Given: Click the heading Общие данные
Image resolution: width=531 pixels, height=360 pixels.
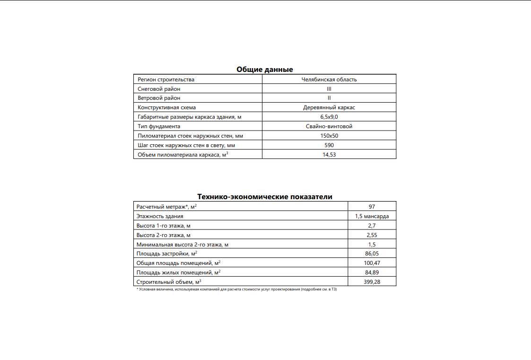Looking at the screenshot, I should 264,70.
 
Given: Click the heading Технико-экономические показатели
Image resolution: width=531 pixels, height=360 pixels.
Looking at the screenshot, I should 264,197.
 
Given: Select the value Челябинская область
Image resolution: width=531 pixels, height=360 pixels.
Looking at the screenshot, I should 329,79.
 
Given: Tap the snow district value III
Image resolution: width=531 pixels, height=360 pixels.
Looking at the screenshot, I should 329,89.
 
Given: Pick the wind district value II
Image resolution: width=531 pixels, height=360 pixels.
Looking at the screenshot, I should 329,98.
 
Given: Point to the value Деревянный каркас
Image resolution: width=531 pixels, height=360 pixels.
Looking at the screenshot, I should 329,107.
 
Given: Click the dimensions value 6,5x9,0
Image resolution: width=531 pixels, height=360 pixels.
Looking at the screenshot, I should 329,117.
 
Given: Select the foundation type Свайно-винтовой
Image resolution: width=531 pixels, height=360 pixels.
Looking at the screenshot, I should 329,126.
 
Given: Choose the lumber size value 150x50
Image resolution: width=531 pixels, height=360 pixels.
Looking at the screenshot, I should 329,136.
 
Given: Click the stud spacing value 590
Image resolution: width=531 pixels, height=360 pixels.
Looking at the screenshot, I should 329,145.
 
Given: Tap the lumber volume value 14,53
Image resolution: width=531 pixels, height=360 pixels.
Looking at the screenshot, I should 329,155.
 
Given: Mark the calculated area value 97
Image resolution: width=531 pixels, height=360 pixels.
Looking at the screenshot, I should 372,207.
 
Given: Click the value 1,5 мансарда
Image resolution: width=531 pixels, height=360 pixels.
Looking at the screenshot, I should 372,216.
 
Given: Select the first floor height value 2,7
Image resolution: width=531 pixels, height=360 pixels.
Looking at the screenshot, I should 372,226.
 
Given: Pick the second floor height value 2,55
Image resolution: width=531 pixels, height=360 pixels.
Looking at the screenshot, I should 372,235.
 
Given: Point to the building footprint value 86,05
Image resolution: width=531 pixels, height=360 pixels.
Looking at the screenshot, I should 372,254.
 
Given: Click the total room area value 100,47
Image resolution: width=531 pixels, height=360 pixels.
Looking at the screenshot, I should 372,263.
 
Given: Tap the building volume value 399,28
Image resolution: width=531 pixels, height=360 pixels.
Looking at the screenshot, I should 372,282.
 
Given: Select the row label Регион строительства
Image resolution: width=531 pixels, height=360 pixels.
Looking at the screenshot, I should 166,79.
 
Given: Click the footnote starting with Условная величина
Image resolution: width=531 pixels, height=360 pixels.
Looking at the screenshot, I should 236,289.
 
